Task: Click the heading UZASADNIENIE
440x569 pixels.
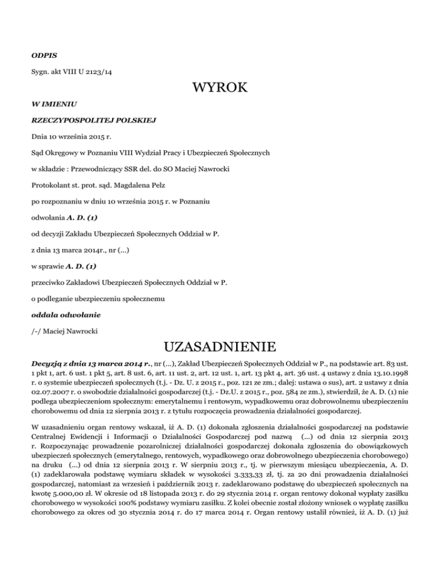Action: [220, 347]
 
